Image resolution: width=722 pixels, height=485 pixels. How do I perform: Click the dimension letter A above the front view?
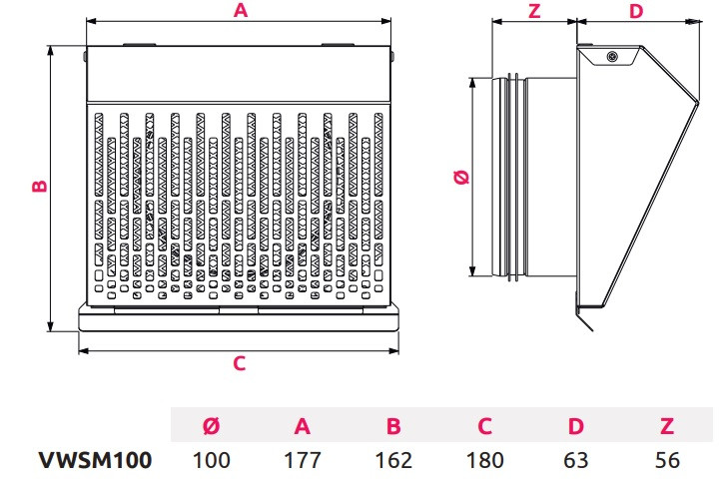pyautogui.click(x=240, y=11)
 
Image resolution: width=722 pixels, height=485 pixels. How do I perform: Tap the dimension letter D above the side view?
pyautogui.click(x=637, y=11)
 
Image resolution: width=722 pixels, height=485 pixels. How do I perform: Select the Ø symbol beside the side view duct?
pyautogui.click(x=460, y=178)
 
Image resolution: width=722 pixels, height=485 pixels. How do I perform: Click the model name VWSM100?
pyautogui.click(x=95, y=460)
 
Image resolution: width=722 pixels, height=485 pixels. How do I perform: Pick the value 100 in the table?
pyautogui.click(x=212, y=460)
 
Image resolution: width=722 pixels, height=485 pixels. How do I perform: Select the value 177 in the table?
pyautogui.click(x=303, y=460)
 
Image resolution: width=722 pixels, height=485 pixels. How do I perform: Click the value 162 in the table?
pyautogui.click(x=393, y=460)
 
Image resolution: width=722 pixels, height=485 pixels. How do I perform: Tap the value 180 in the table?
pyautogui.click(x=484, y=460)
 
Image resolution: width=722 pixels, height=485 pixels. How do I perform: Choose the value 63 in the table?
pyautogui.click(x=576, y=460)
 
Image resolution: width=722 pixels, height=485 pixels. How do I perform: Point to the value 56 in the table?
pyautogui.click(x=667, y=460)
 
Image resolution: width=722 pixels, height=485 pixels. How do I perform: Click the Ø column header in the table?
pyautogui.click(x=212, y=427)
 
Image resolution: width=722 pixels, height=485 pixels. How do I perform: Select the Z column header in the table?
pyautogui.click(x=667, y=427)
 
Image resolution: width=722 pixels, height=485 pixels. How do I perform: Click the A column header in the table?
pyautogui.click(x=303, y=427)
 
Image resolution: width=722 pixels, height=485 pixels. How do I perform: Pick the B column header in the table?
pyautogui.click(x=393, y=427)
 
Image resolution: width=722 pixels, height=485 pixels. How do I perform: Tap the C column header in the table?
pyautogui.click(x=484, y=427)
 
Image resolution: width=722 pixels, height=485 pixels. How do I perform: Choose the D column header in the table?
pyautogui.click(x=576, y=427)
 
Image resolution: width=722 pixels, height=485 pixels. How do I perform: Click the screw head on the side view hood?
pyautogui.click(x=611, y=57)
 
